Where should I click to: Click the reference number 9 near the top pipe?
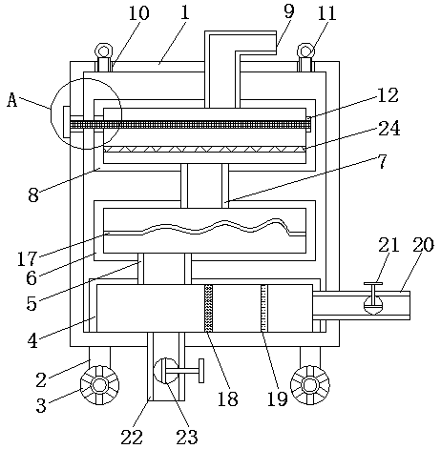289,11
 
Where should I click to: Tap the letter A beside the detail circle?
12,100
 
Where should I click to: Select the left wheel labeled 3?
99,385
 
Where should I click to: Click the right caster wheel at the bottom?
310,385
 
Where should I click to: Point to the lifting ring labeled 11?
306,51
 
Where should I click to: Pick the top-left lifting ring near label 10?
104,51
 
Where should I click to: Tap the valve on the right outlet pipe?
373,298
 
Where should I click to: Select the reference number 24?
388,129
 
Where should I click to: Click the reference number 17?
28,258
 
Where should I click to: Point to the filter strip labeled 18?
208,308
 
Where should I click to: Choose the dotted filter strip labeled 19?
264,308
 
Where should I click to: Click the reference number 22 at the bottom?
132,437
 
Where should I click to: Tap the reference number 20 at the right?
423,245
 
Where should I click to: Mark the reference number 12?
388,95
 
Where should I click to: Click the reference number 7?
382,161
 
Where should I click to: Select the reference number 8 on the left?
33,194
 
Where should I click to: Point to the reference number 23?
187,437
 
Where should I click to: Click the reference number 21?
388,245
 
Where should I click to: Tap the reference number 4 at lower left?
32,340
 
